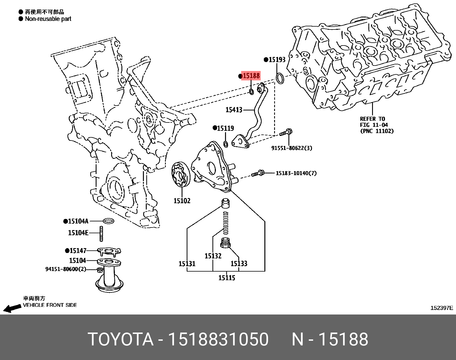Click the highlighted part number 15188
(x=251, y=76)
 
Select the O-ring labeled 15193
(x=280, y=78)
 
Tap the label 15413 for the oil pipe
(x=234, y=110)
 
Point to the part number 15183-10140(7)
(x=296, y=173)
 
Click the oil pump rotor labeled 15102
(x=180, y=175)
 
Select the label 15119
(x=225, y=128)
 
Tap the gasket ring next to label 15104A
(x=108, y=221)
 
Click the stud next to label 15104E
(x=101, y=233)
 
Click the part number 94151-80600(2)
(x=66, y=269)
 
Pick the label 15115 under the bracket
(x=227, y=278)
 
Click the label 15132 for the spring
(x=213, y=256)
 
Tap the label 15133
(x=239, y=264)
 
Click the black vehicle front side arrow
(x=12, y=308)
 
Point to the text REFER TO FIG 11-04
(x=374, y=122)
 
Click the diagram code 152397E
(x=442, y=308)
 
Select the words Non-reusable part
(x=48, y=19)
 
